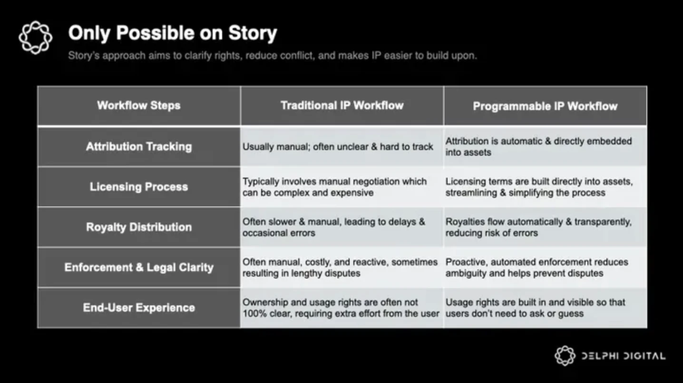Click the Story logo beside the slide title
click(x=35, y=37)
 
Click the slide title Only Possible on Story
click(x=173, y=33)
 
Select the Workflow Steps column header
click(x=139, y=105)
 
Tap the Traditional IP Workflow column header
click(x=342, y=105)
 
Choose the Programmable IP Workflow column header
click(x=545, y=106)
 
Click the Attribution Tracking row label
click(x=139, y=147)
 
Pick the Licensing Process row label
click(x=139, y=187)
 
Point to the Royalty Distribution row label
click(x=139, y=227)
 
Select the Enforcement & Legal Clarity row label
click(x=139, y=267)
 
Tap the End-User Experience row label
click(x=139, y=308)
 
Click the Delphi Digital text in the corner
click(x=624, y=356)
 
